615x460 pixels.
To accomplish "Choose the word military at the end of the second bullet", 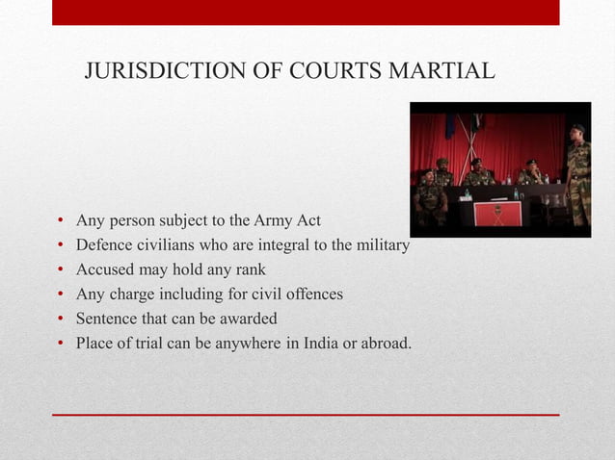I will pyautogui.click(x=380, y=245).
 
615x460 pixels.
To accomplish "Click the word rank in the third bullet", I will pyautogui.click(x=249, y=269).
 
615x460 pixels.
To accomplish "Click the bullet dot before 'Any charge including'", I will pyautogui.click(x=60, y=294).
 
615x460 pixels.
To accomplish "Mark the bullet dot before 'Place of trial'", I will pyautogui.click(x=60, y=343).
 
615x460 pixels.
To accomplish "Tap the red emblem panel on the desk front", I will pyautogui.click(x=498, y=213).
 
